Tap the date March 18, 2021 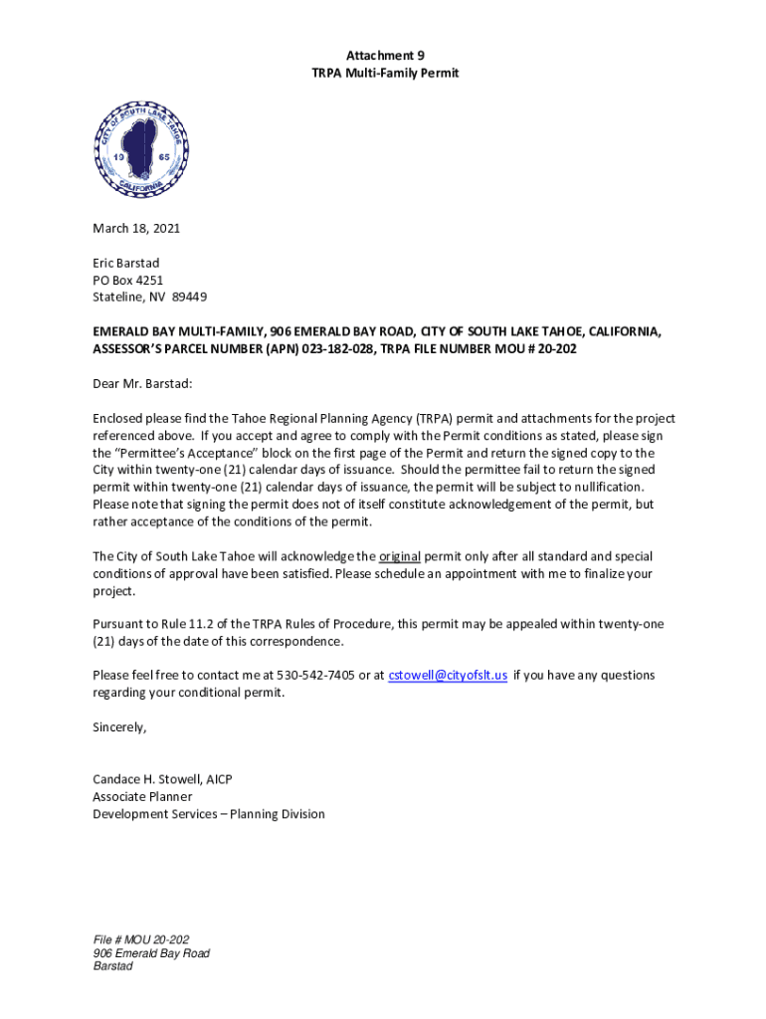tap(136, 228)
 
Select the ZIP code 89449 tap(189, 298)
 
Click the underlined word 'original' tap(400, 556)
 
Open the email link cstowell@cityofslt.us tap(448, 676)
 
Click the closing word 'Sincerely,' tap(119, 727)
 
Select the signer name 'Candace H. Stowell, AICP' tap(162, 779)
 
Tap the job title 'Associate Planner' tap(142, 797)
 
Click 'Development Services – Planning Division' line tap(208, 814)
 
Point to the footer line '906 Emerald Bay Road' tap(151, 953)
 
